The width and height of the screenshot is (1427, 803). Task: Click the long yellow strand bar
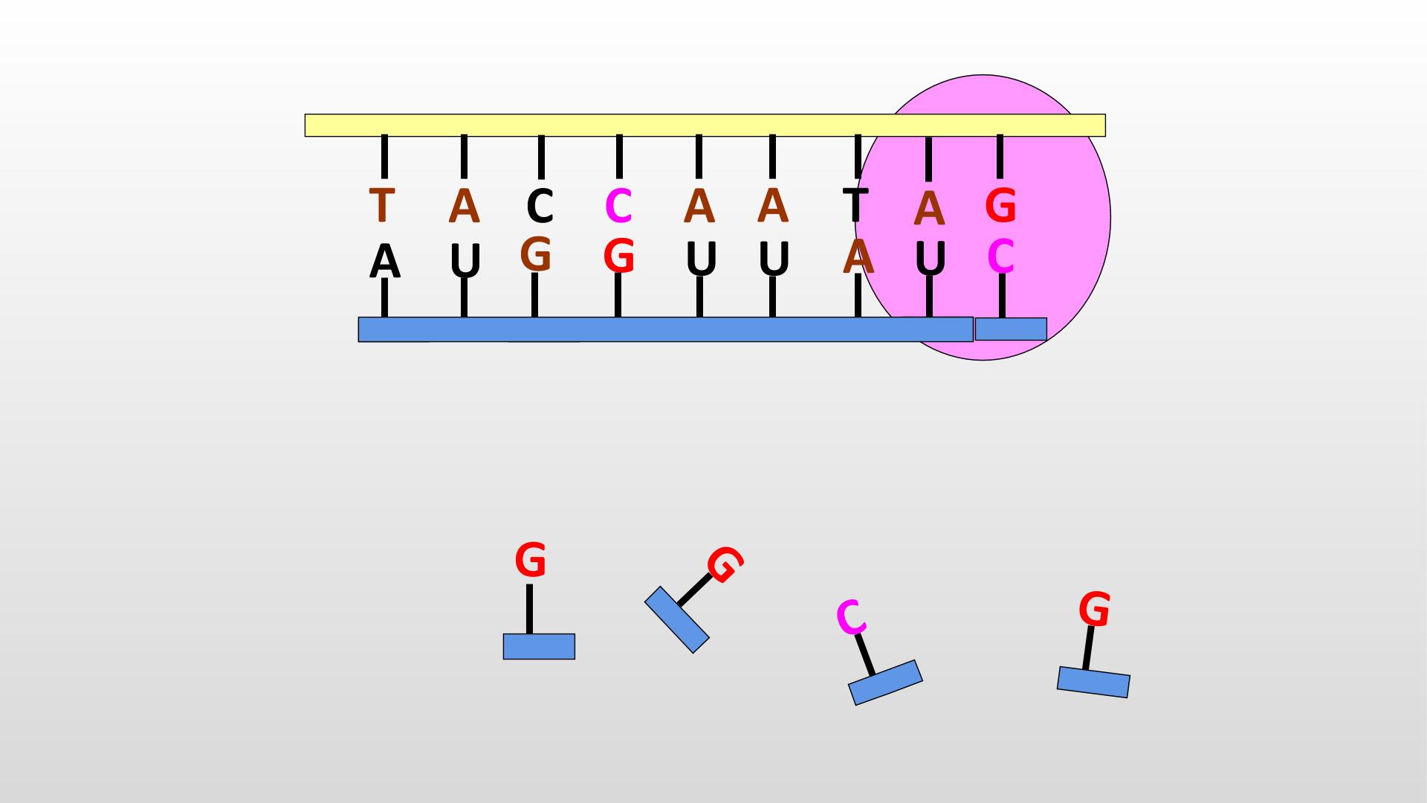coord(705,125)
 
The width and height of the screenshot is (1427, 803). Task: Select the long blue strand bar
coord(665,329)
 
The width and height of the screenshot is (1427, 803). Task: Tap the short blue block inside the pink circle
coord(1011,329)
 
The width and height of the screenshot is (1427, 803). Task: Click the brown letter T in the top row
coord(381,205)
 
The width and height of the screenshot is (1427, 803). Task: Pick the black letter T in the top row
coord(855,204)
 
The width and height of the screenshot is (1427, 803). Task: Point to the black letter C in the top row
coord(540,207)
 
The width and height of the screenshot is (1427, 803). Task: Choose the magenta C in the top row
coord(618,206)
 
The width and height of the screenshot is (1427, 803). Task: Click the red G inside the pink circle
coord(1000,205)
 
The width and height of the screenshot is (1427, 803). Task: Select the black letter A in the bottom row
coord(384,262)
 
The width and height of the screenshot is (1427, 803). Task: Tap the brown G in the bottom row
coord(536,254)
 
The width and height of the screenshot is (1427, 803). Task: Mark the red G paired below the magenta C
coord(619,257)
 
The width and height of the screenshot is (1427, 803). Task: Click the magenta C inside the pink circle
coord(1001,257)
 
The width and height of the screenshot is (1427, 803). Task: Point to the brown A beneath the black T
coord(858,257)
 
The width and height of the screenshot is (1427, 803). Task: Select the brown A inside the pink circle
coord(929,209)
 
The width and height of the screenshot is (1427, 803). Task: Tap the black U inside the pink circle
coord(930,258)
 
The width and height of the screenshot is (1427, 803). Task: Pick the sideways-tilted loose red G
coord(725,564)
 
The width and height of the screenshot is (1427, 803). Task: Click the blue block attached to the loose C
coord(885,683)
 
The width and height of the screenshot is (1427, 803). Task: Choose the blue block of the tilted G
coord(677,620)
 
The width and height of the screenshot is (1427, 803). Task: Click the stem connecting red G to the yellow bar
coord(1000,157)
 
